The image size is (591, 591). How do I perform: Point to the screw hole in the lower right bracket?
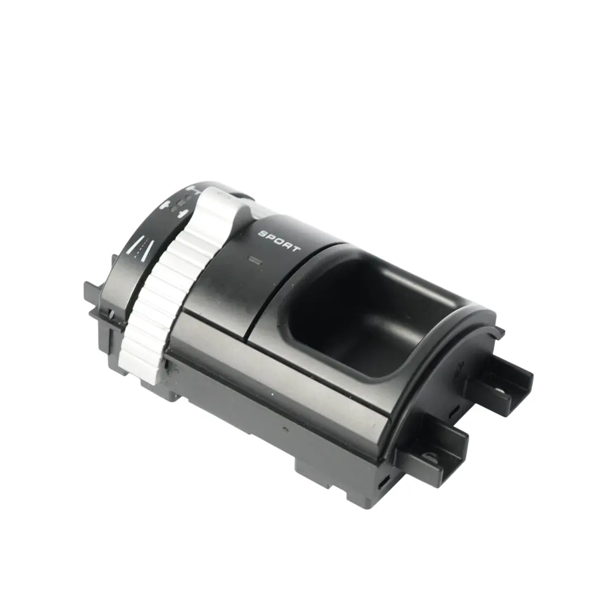(x=432, y=459)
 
